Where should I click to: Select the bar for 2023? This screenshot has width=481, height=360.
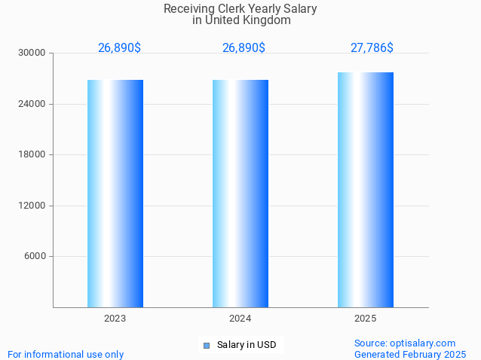[x=115, y=193]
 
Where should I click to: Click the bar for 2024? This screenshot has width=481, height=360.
[x=240, y=193]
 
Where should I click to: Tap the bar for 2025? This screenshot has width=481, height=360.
[x=366, y=189]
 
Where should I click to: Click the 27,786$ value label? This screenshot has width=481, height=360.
[x=372, y=47]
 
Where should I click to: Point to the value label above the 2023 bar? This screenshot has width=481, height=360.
[x=119, y=47]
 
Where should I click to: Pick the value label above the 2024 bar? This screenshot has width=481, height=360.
[x=244, y=47]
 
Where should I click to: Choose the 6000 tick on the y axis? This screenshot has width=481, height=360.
[x=35, y=256]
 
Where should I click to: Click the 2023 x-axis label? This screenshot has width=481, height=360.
[x=115, y=319]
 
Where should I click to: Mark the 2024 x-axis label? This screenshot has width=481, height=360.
[x=240, y=319]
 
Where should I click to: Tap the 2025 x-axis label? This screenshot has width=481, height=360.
[x=366, y=319]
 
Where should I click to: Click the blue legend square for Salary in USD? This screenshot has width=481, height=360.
[x=206, y=346]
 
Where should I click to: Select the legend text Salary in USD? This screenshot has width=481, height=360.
[x=247, y=345]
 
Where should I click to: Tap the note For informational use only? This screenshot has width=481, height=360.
[x=66, y=354]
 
